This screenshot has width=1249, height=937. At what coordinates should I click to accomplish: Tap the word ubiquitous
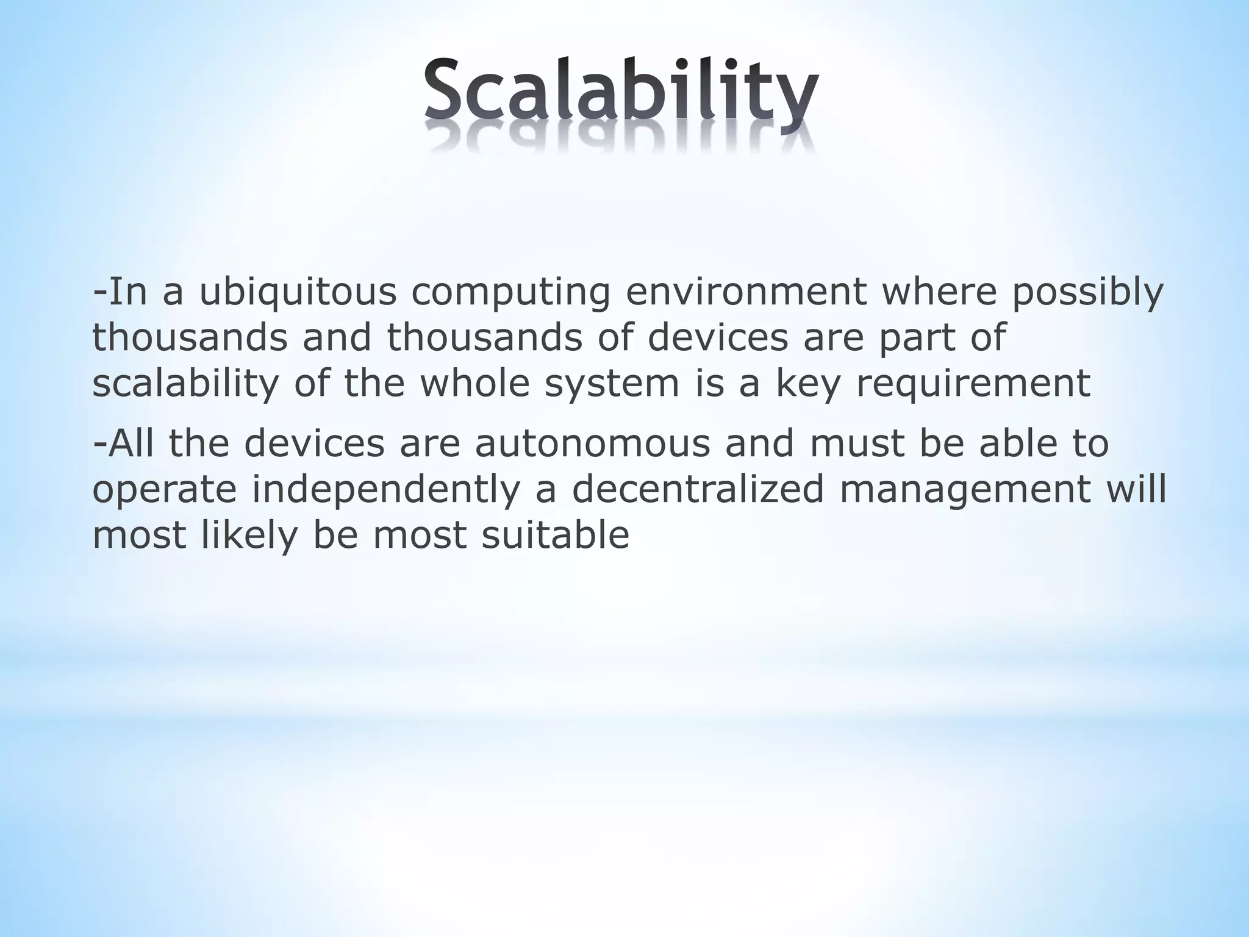click(x=297, y=292)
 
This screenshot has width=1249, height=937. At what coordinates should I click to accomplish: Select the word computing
click(x=510, y=292)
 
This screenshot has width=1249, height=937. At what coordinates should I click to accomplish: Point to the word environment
click(x=746, y=292)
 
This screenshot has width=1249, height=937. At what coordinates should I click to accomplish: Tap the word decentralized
click(x=697, y=489)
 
